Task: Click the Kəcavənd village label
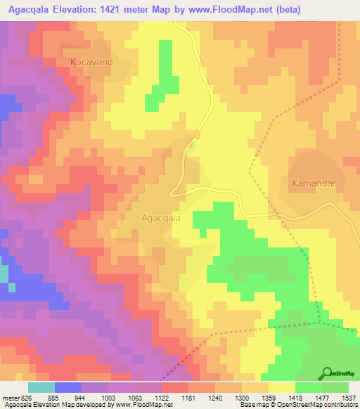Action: (x=92, y=63)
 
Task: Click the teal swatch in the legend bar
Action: (x=41, y=387)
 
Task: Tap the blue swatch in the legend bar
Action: (x=67, y=387)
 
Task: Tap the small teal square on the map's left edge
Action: (x=4, y=274)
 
